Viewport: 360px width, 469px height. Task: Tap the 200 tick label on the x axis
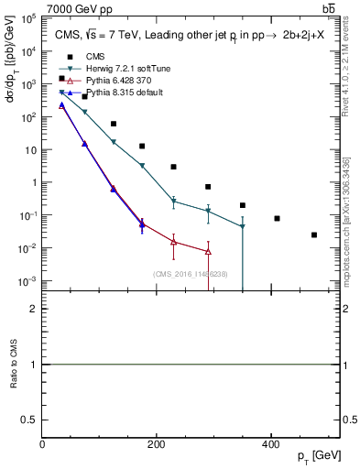point(157,445)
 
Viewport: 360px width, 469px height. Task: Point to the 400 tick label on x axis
point(270,445)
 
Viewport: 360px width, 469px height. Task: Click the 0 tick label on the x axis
point(43,445)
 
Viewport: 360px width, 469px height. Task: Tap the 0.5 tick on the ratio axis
point(30,420)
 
